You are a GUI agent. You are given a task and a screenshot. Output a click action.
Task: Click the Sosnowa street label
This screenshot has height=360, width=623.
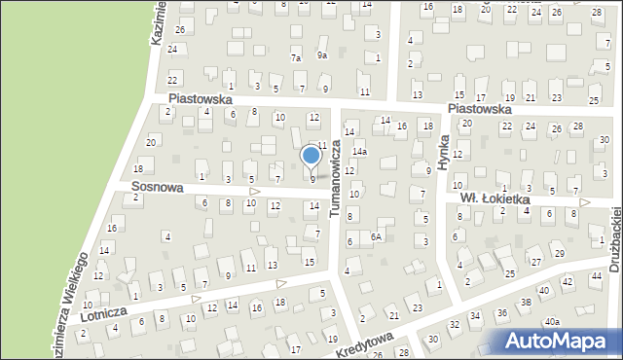pyautogui.click(x=158, y=186)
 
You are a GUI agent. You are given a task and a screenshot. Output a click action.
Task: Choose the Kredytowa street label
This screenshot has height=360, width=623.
pyautogui.click(x=366, y=342)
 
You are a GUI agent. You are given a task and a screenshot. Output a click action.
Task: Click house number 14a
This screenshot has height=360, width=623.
pyautogui.click(x=359, y=152)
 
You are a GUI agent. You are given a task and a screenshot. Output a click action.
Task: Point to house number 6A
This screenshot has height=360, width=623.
pyautogui.click(x=376, y=236)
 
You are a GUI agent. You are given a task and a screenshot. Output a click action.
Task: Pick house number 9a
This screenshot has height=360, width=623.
pyautogui.click(x=321, y=55)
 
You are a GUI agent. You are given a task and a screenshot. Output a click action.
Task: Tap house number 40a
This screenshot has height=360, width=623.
pyautogui.click(x=552, y=321)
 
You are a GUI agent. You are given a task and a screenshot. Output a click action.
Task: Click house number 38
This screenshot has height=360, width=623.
pyautogui.click(x=526, y=303)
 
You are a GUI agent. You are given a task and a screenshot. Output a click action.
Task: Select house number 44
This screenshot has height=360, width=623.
pyautogui.click(x=596, y=277)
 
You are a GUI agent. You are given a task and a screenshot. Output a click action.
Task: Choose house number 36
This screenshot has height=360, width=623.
pyautogui.click(x=502, y=312)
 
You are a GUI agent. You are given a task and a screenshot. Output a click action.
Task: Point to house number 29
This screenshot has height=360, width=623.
pyautogui.click(x=560, y=254)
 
